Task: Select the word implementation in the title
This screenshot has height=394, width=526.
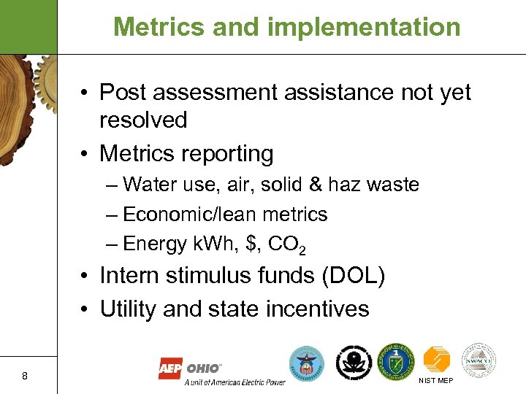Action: pyautogui.click(x=365, y=27)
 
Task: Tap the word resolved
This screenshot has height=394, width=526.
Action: pyautogui.click(x=143, y=120)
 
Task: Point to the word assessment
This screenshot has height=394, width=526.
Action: pyautogui.click(x=216, y=93)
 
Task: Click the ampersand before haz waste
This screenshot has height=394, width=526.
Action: pyautogui.click(x=315, y=185)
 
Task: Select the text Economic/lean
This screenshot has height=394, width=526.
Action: pyautogui.click(x=192, y=215)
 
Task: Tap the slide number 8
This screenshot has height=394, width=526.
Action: pyautogui.click(x=25, y=376)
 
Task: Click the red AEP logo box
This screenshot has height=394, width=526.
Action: pyautogui.click(x=171, y=369)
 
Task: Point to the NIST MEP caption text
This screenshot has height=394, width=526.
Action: pyautogui.click(x=435, y=381)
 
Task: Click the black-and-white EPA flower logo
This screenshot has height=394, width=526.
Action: pyautogui.click(x=353, y=360)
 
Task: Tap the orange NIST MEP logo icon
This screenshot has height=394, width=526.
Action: pyautogui.click(x=437, y=359)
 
